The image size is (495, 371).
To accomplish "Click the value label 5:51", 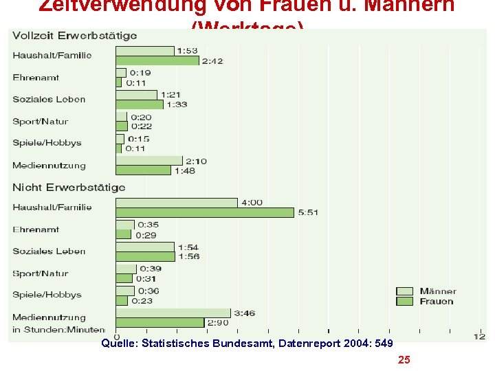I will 308,213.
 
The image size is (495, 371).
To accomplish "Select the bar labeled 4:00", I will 177,203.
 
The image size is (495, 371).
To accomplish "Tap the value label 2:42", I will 212,61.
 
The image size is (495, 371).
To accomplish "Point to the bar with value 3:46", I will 173,313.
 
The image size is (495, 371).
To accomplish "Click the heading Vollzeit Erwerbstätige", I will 75,35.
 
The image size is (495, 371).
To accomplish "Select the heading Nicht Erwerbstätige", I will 69,187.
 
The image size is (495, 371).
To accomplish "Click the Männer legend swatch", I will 404,291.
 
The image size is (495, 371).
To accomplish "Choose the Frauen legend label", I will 437,301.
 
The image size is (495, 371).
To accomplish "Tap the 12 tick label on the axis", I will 479,336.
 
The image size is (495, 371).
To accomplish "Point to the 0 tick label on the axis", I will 117,337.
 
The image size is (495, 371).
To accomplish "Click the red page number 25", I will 404,359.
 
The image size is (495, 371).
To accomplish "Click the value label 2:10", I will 196,161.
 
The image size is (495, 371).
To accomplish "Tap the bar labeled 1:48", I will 143,170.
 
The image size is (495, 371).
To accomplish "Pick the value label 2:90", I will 219,322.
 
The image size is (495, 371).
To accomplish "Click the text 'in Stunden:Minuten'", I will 58,329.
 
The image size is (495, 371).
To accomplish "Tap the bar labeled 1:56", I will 145,256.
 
